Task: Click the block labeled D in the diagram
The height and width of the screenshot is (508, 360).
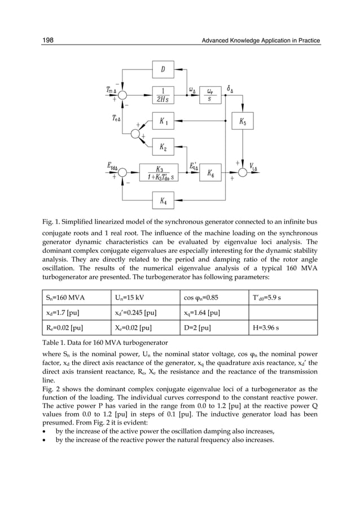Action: coord(163,70)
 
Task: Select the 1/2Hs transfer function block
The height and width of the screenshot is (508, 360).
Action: coord(163,95)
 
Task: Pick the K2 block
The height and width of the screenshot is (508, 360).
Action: coord(163,147)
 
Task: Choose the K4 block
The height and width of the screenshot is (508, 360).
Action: coord(163,200)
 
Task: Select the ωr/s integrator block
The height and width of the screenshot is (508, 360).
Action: coord(210,95)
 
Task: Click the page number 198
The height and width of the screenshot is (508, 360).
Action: coord(48,40)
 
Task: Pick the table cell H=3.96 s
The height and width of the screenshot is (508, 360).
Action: coord(284,329)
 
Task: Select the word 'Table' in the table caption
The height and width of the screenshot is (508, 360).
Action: coord(52,344)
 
